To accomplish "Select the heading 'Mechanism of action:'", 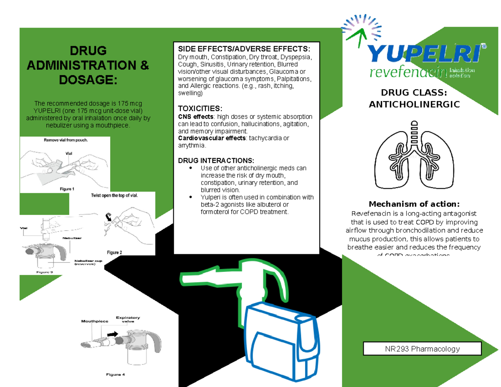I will click(x=414, y=204).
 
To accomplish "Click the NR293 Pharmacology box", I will click(x=423, y=349).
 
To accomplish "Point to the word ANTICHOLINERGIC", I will click(x=414, y=104).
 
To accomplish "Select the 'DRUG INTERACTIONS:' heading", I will click(x=215, y=161).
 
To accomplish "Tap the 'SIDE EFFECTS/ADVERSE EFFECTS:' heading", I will click(x=244, y=48).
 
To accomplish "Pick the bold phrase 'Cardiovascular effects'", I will click(x=212, y=139).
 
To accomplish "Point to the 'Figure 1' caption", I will click(x=67, y=189).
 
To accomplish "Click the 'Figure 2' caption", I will click(x=115, y=252).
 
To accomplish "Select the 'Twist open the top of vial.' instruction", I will click(x=114, y=195).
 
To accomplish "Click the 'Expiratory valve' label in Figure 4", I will click(x=128, y=319).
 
